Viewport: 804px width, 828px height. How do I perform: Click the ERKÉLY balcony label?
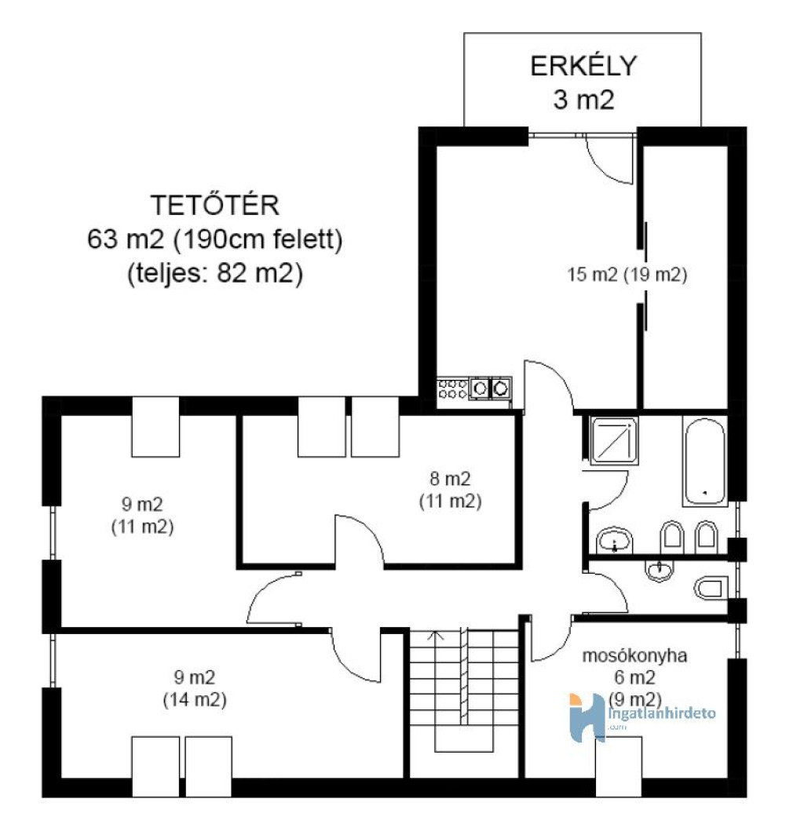(583, 67)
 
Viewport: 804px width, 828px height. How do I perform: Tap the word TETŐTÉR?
(214, 205)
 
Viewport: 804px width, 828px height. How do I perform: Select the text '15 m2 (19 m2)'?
(627, 275)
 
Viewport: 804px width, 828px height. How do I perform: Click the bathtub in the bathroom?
(705, 461)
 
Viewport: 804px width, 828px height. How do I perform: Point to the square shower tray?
(614, 441)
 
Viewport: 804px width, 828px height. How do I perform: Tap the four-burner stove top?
(453, 388)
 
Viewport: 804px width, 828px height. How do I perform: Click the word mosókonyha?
(634, 655)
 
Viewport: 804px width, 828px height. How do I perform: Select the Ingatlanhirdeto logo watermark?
(642, 717)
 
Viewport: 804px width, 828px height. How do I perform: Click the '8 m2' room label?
(450, 479)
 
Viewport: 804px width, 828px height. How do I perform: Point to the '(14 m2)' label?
(195, 700)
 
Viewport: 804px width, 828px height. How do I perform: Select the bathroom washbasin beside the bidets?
(614, 540)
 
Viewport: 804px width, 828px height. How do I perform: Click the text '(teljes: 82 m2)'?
(215, 274)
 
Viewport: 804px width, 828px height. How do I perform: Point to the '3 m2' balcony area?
(583, 99)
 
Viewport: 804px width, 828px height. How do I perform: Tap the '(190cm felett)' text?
(258, 239)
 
